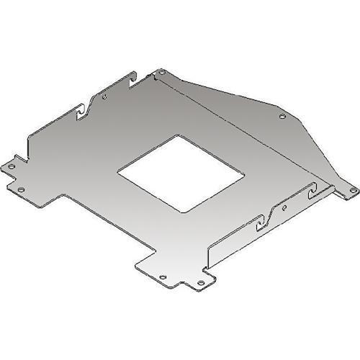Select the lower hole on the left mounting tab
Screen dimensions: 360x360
(21, 189)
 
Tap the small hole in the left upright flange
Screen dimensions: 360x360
(105, 96)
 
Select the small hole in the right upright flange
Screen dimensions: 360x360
(286, 207)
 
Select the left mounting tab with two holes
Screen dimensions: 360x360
(16, 177)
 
